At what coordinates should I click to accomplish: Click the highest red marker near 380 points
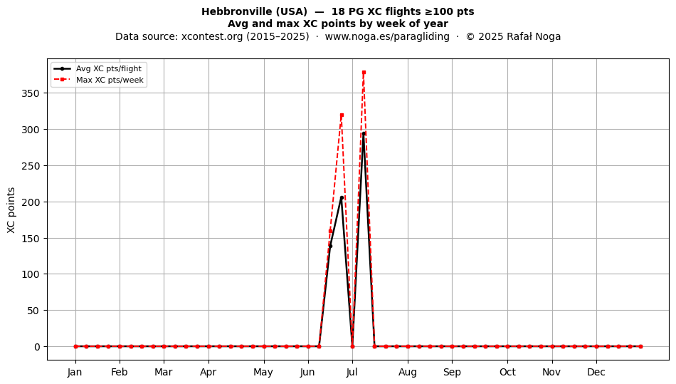tap(364, 73)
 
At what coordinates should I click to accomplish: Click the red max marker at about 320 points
tap(342, 115)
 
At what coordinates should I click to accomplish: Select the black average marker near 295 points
tap(364, 134)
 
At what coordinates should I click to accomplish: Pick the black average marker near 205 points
tap(342, 197)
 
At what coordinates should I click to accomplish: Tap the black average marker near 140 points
tap(331, 247)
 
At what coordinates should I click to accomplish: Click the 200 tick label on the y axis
tap(31, 202)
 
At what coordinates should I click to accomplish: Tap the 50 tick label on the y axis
tap(33, 311)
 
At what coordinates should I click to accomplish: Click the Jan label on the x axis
tap(75, 372)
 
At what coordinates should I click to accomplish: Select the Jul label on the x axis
tap(352, 372)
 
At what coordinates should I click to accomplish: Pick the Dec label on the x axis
tap(596, 372)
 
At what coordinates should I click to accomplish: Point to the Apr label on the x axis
tap(208, 372)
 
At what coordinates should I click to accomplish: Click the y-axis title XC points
tap(11, 210)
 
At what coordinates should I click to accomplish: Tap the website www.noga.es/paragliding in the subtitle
tap(387, 36)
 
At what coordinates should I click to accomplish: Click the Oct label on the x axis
tap(507, 372)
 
